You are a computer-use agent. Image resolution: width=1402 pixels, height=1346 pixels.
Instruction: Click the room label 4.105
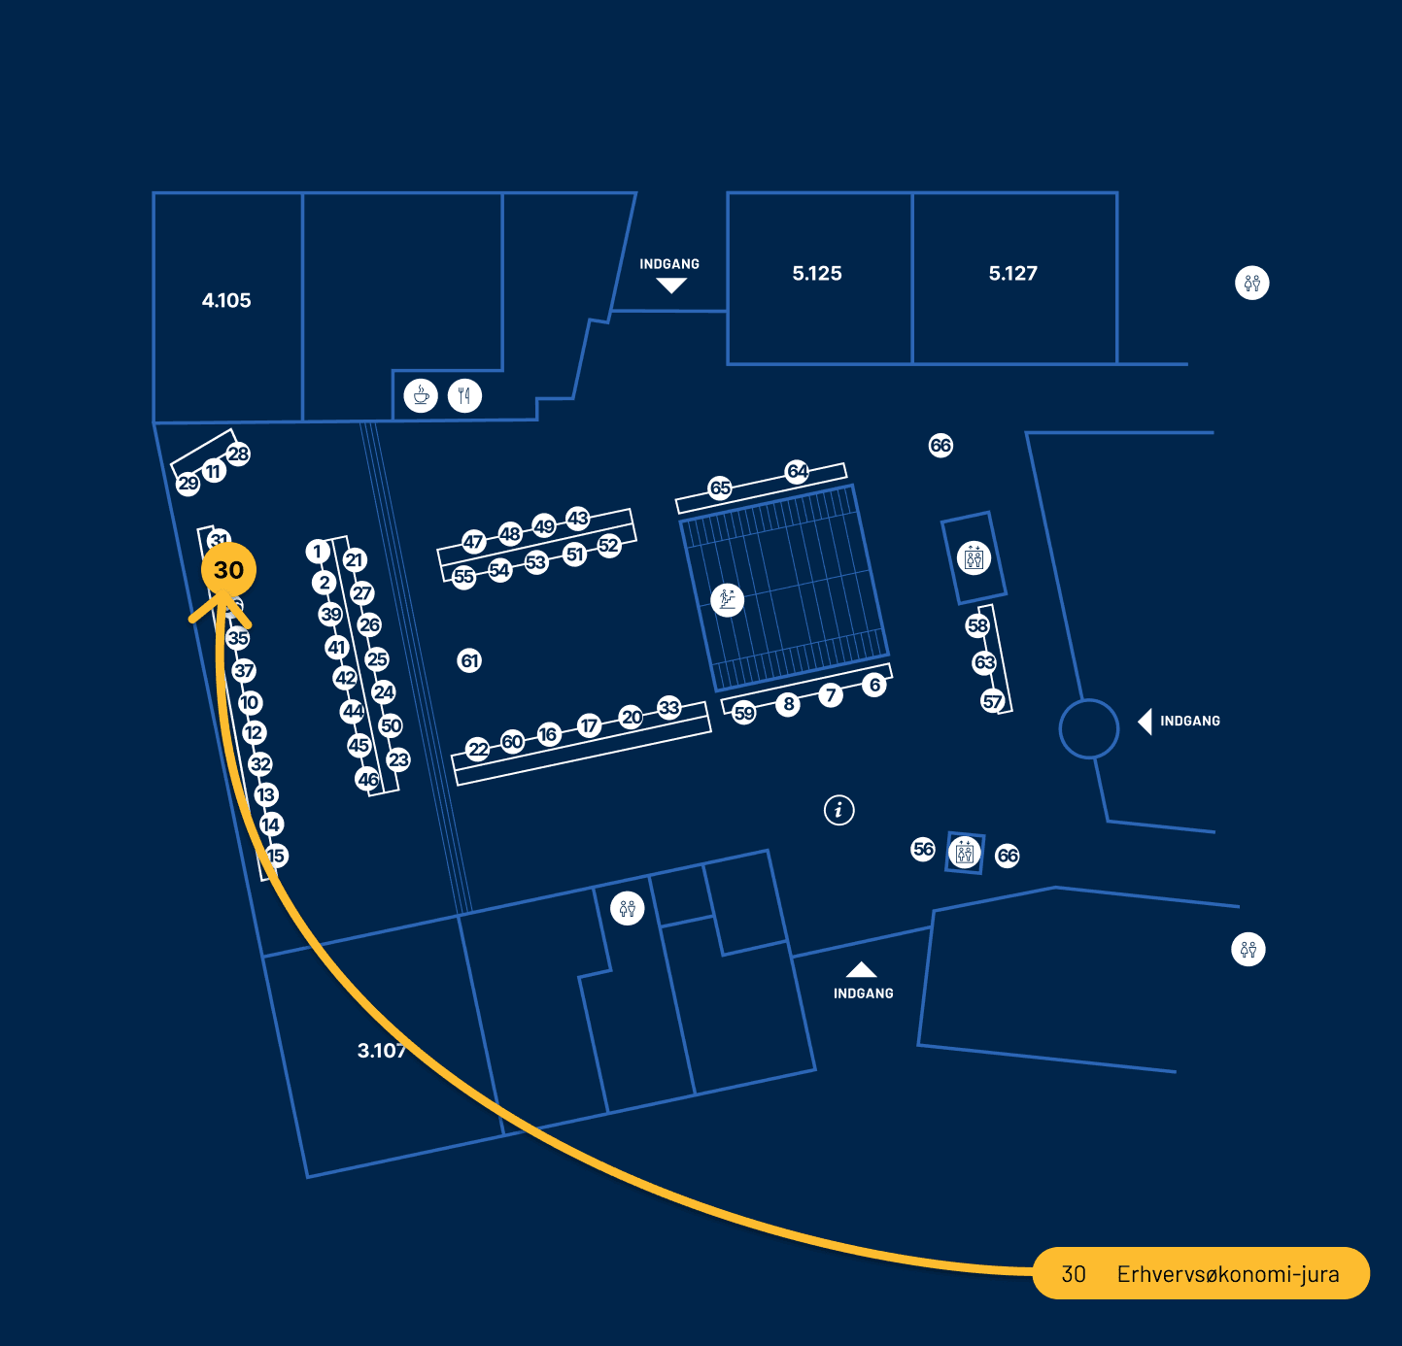tap(226, 301)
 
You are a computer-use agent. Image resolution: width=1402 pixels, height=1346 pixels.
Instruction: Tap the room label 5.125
tap(817, 274)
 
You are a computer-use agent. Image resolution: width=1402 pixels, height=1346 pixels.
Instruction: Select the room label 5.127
tap(1013, 274)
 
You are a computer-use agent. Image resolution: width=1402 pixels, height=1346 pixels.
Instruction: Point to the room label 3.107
tap(381, 1051)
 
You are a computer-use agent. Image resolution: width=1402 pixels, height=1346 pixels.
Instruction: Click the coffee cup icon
tap(421, 395)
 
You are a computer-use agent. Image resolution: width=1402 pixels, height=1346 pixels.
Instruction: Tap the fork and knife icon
tap(464, 395)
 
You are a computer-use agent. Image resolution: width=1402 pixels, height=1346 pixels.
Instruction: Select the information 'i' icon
tap(838, 809)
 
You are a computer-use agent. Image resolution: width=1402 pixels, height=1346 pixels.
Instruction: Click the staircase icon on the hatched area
tap(727, 599)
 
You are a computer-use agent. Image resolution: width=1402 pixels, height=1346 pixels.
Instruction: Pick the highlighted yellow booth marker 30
tap(228, 570)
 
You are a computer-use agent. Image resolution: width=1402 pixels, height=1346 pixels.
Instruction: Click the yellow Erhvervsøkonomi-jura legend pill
tap(1201, 1273)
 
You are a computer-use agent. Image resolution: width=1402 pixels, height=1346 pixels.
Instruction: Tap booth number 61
tap(469, 661)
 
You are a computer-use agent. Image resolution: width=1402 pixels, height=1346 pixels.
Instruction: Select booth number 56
tap(923, 849)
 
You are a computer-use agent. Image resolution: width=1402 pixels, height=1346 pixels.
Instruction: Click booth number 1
tap(317, 552)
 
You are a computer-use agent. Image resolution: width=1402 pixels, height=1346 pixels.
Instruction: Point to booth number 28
tap(238, 454)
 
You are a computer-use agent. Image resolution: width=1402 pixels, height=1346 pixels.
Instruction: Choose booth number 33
tap(668, 707)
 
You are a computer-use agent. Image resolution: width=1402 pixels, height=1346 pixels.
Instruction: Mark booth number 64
tap(797, 471)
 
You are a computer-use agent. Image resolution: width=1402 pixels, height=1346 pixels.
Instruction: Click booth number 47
tap(473, 542)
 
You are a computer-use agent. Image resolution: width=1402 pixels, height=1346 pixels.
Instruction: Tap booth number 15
tap(276, 856)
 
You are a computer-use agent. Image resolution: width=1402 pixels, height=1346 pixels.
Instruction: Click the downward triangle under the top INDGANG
tap(670, 286)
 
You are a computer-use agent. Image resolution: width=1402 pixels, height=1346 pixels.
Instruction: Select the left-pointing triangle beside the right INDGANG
tap(1146, 722)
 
